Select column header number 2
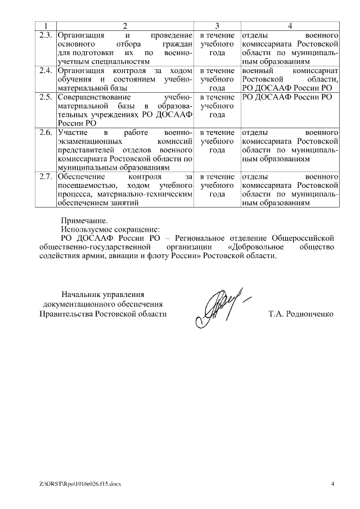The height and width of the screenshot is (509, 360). [x=125, y=26]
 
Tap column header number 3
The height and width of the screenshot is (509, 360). [x=217, y=26]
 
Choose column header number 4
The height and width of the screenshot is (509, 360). [x=290, y=26]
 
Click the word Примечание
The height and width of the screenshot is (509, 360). [x=84, y=220]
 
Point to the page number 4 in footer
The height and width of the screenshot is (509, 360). [x=332, y=484]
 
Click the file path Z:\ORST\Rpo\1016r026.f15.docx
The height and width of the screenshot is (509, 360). [x=80, y=484]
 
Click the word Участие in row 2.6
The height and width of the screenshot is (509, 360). [x=70, y=132]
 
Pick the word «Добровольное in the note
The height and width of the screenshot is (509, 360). [x=258, y=247]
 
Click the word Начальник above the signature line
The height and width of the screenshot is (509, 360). [x=83, y=294]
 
